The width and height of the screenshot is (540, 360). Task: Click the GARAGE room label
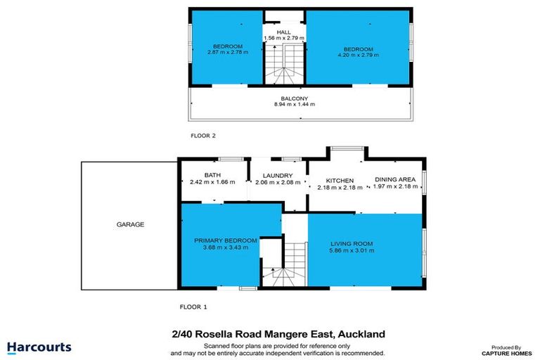pos(130,225)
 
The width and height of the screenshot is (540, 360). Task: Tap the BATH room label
pos(213,175)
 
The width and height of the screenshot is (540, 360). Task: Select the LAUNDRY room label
pos(277,175)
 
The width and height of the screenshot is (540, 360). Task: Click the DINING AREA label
pos(394,180)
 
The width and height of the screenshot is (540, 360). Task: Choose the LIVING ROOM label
pos(352,244)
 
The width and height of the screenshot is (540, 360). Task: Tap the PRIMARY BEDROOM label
pos(226,240)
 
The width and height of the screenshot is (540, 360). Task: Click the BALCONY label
pos(295,98)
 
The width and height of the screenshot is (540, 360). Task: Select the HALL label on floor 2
pos(283,32)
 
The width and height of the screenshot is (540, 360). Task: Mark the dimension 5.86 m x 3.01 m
pos(352,250)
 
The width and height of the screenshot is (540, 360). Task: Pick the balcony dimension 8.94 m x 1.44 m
pos(295,105)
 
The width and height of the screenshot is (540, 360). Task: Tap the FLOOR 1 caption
pos(193,307)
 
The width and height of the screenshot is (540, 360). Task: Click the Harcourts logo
pos(39,347)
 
